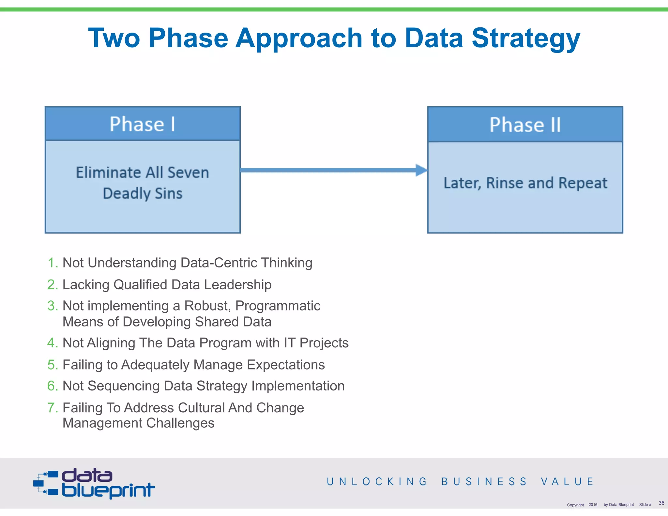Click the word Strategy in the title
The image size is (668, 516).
pos(525,38)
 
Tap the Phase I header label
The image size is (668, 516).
pos(143,124)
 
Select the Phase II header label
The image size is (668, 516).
pos(525,125)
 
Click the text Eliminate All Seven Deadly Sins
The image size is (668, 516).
pos(143,183)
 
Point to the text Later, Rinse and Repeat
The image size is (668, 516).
pos(525,183)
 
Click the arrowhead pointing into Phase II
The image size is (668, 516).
pos(421,170)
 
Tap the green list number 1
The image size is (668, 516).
pos(53,263)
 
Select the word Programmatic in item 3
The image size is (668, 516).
pos(278,306)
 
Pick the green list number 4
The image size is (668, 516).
pos(53,343)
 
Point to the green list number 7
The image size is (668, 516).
pos(53,408)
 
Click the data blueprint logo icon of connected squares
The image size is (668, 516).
pos(46,483)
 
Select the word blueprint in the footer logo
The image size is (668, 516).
pos(108,490)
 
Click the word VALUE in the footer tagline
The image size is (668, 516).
pos(567,481)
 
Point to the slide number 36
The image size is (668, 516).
pos(661,503)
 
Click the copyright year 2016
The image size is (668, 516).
pos(593,505)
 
